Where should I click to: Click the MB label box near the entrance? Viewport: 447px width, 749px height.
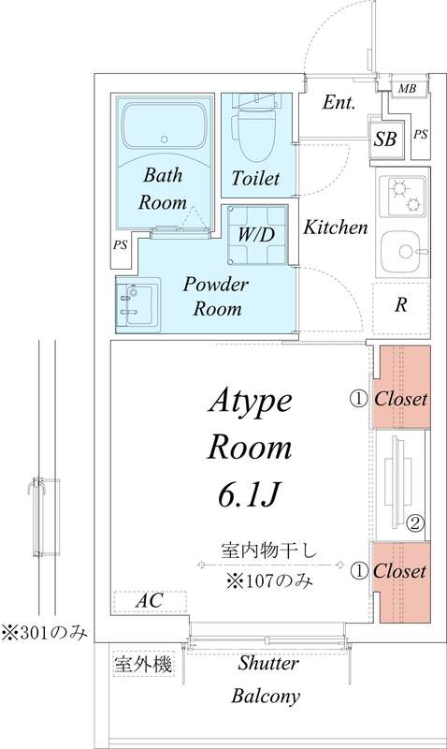[407, 89]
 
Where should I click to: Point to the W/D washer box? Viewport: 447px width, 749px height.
[254, 234]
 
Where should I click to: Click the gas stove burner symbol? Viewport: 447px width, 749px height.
[404, 194]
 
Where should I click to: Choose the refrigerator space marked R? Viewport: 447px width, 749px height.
[400, 304]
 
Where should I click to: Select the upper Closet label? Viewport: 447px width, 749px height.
[401, 399]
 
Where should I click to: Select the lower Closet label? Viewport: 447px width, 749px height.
[401, 571]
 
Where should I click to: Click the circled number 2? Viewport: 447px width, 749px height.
[416, 522]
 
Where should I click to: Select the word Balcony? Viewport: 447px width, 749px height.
[266, 696]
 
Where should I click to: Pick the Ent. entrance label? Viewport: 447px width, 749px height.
[339, 103]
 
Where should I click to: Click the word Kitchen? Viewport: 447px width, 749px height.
[336, 228]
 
